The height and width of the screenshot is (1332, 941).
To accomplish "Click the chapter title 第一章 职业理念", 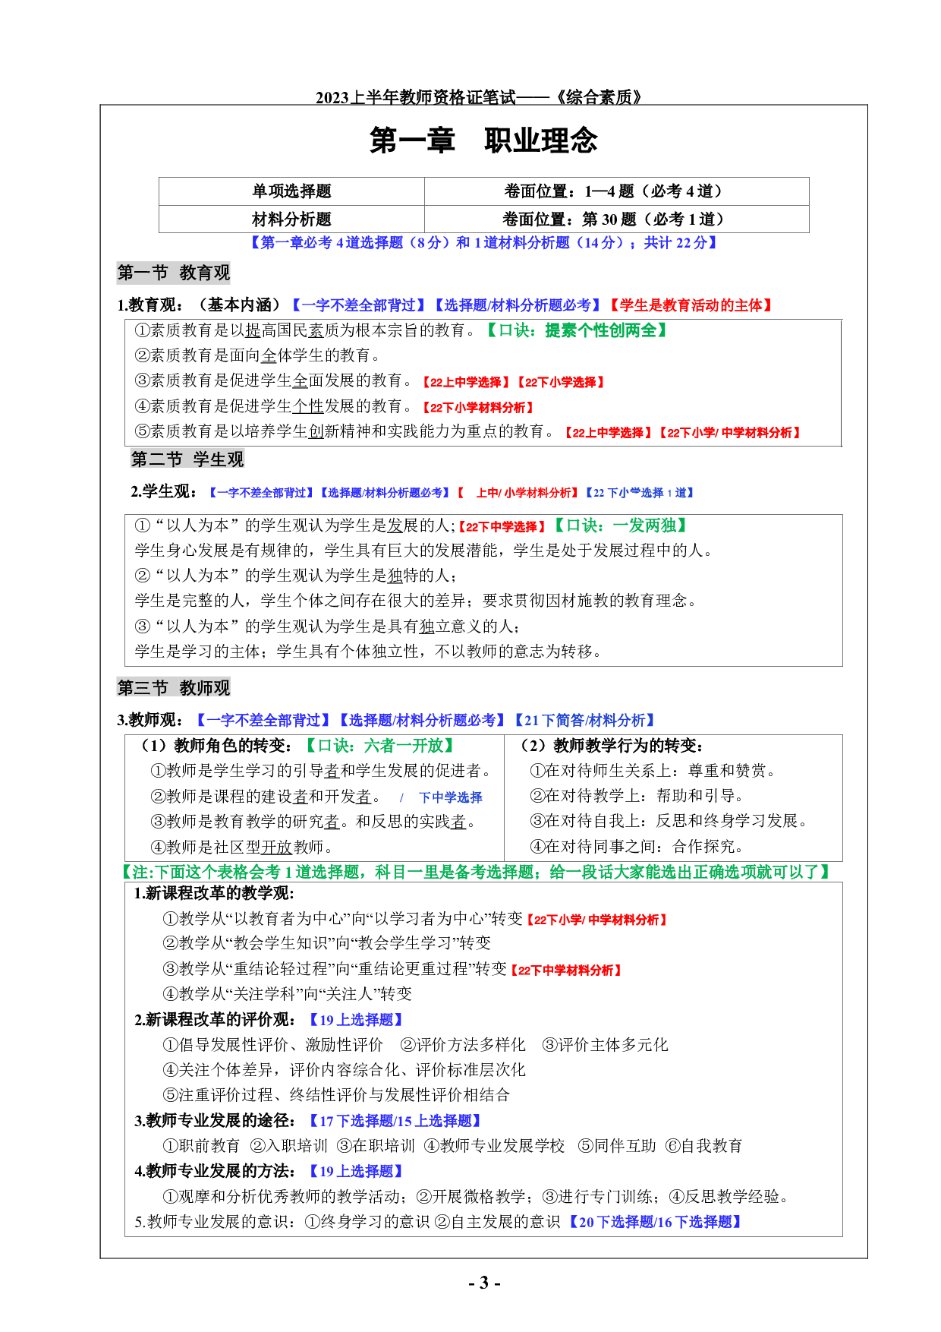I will point(483,140).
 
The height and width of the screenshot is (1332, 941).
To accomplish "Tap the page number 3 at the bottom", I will point(483,1283).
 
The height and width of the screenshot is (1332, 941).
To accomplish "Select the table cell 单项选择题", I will point(291,191).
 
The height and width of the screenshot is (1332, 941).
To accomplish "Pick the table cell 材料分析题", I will point(291,219).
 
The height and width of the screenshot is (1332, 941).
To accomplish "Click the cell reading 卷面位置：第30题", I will point(615,219).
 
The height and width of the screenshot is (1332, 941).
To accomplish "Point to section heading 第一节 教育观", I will point(174,273).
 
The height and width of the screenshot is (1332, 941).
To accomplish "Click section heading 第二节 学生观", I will point(187,459).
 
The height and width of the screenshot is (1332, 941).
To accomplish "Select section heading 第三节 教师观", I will point(174,688).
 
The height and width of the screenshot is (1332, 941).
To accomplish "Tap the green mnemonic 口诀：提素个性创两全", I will point(577,330).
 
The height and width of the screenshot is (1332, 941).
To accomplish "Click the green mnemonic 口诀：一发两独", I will point(621,526).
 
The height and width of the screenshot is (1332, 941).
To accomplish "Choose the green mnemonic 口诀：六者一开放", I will point(380,746).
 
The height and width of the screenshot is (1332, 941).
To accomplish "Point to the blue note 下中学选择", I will point(450,797).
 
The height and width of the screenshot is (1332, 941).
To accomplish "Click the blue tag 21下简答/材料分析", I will point(584,720).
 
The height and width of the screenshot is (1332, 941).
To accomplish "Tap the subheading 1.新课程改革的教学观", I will point(214,893).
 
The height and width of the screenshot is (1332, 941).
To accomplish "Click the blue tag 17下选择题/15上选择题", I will point(395,1121).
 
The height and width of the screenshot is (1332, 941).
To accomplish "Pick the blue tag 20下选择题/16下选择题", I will point(655,1222).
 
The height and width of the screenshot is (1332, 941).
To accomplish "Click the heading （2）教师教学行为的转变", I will point(612,746).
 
